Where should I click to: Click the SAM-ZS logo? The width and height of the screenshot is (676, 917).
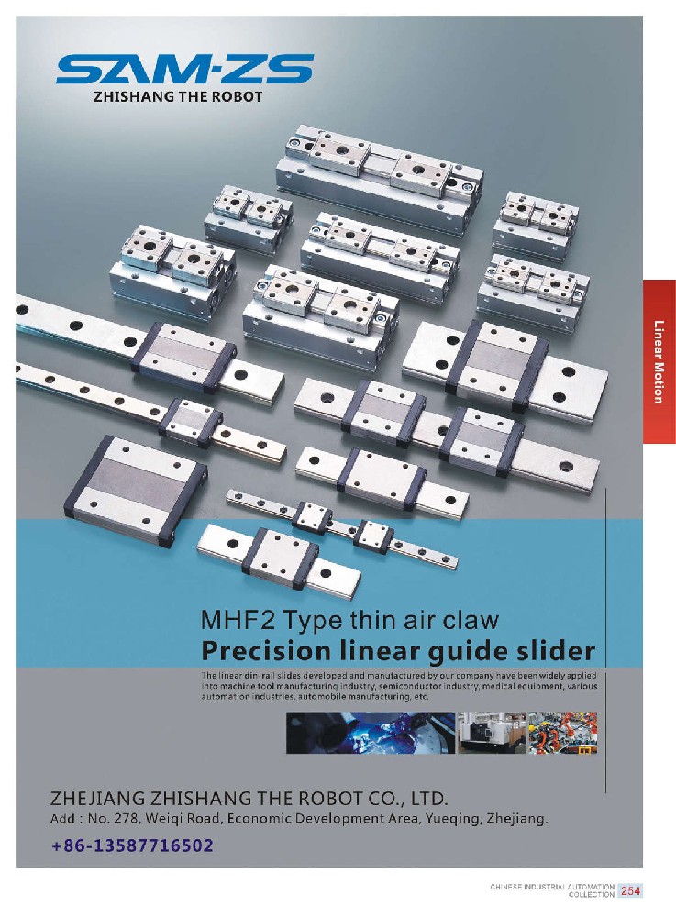[184, 70]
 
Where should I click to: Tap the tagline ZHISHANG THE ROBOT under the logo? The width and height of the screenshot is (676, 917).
[178, 97]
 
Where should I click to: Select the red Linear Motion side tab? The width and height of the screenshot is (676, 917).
[659, 361]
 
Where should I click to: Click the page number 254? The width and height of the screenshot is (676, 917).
[630, 890]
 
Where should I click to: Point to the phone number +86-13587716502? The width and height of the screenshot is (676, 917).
[132, 845]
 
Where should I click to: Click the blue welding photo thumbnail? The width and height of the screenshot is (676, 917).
[371, 732]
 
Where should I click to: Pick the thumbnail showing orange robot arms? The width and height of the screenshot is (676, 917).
[562, 732]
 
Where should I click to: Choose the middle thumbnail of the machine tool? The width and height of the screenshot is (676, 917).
[492, 732]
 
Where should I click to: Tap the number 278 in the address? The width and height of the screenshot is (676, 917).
[127, 819]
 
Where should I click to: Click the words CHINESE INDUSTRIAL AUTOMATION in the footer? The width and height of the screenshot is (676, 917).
[552, 887]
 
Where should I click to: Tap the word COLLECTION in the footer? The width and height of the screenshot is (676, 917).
[592, 895]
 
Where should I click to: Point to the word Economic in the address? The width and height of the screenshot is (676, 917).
[258, 819]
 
